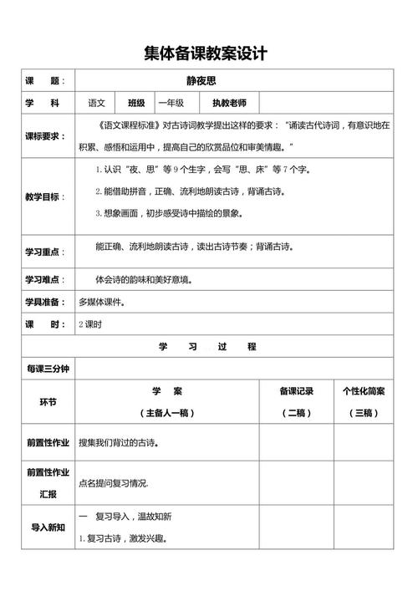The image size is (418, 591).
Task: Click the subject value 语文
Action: click(97, 103)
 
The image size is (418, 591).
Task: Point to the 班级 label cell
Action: click(136, 103)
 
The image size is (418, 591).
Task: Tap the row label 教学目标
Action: click(47, 196)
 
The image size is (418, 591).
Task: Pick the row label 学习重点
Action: click(47, 251)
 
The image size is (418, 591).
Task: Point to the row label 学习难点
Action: click(47, 278)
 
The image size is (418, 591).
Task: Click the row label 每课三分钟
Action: click(48, 368)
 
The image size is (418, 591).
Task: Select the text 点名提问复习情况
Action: click(113, 483)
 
